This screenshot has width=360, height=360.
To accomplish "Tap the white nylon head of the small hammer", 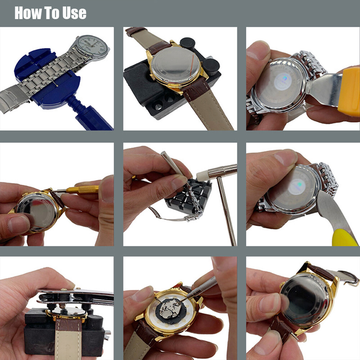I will (202, 175).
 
